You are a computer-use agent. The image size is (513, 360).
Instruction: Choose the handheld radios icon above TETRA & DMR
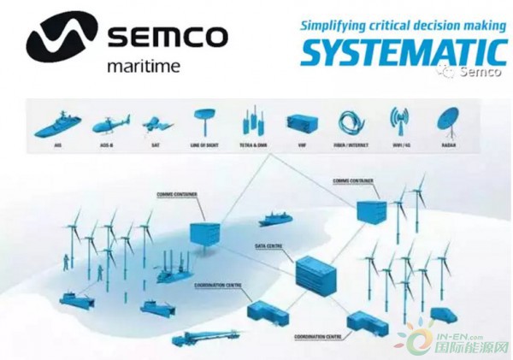coord(251,122)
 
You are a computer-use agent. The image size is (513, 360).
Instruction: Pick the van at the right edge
coord(445,316)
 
